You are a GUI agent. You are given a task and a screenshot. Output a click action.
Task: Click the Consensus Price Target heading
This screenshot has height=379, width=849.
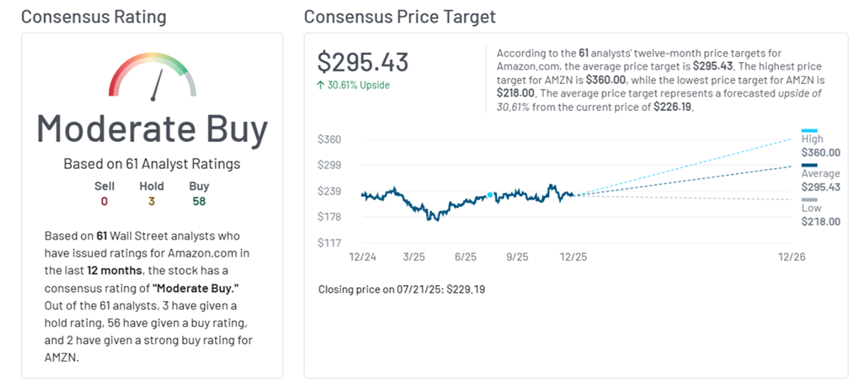tap(400, 16)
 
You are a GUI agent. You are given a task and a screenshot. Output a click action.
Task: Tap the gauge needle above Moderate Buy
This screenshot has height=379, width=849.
tap(156, 84)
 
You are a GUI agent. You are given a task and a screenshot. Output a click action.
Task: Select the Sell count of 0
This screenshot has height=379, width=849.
tap(104, 202)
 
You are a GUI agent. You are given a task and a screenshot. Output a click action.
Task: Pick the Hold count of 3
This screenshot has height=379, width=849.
tap(151, 202)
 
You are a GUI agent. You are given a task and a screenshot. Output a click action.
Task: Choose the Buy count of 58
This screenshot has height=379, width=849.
tap(199, 202)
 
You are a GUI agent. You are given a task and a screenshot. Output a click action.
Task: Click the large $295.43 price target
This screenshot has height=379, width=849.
tap(363, 63)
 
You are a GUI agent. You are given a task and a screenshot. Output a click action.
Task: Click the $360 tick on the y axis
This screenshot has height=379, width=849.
tap(330, 139)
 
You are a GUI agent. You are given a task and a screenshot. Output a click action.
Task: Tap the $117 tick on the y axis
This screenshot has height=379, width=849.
tap(330, 243)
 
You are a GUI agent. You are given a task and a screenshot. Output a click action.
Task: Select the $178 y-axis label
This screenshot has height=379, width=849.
tap(330, 217)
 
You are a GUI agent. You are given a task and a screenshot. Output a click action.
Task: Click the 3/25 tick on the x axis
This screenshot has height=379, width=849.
tap(413, 257)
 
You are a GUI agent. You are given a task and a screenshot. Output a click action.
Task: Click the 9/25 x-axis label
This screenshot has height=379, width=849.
tap(518, 257)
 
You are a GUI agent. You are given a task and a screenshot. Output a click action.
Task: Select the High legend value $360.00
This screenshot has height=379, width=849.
tap(821, 152)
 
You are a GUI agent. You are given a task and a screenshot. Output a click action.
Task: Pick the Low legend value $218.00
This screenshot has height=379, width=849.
tap(821, 221)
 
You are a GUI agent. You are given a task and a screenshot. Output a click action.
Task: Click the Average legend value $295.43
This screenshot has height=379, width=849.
tap(821, 187)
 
